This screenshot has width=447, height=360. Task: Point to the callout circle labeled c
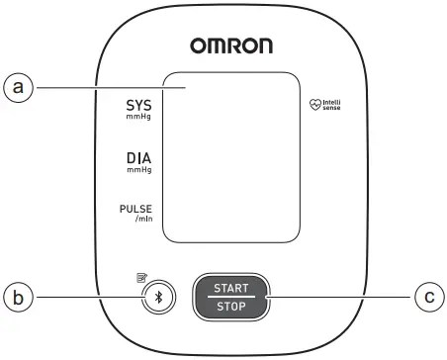426,296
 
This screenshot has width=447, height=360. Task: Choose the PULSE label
136,209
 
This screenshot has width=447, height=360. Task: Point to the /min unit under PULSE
142,220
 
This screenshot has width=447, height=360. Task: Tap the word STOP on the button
229,307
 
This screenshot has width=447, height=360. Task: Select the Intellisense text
331,103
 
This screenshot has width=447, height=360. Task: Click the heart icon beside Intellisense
316,103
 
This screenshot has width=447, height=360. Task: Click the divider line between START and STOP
229,297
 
